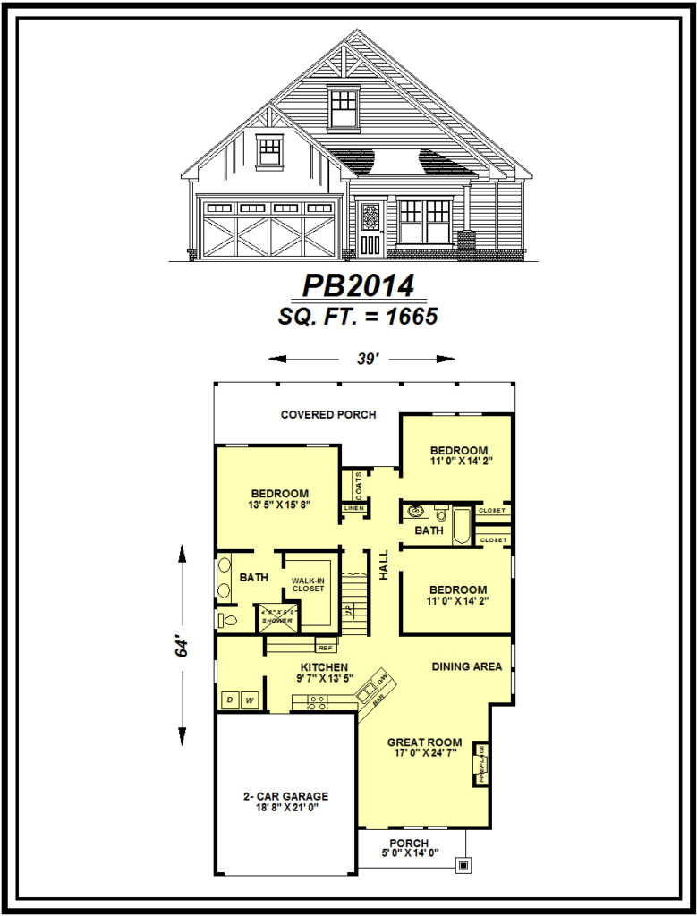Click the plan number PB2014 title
[x=357, y=285]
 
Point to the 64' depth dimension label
[x=183, y=647]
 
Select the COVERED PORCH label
[x=327, y=415]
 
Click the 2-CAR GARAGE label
[x=286, y=796]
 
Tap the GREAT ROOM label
[x=424, y=742]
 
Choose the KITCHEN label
[x=324, y=667]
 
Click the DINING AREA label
[x=466, y=666]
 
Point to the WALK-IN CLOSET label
[x=308, y=584]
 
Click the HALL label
[x=384, y=564]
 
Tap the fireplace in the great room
[x=481, y=763]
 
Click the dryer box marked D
[x=229, y=700]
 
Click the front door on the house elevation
[x=370, y=229]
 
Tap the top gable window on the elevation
[x=343, y=107]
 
